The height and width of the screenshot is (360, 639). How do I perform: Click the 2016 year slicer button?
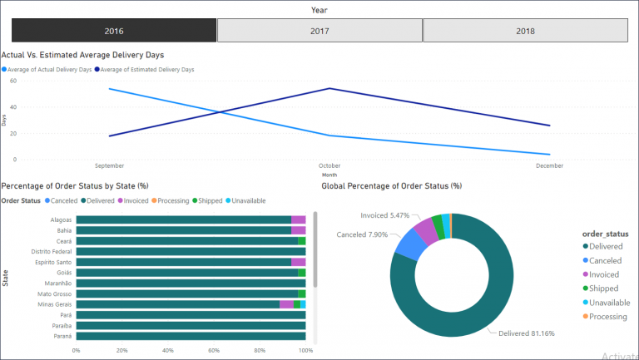(114, 31)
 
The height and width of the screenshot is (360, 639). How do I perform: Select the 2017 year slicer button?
(319, 31)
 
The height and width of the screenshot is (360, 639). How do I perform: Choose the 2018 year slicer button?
(525, 31)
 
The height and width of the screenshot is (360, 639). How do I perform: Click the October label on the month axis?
(330, 165)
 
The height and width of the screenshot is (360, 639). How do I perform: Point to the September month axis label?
(110, 165)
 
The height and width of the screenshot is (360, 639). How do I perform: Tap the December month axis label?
(550, 165)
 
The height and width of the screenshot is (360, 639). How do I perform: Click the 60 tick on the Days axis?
(12, 81)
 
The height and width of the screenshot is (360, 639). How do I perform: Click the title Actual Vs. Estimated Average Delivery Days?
(82, 55)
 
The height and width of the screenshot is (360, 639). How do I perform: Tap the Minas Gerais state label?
(52, 304)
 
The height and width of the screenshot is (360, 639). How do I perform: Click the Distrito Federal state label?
(49, 251)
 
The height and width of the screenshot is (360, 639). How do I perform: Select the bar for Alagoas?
(183, 219)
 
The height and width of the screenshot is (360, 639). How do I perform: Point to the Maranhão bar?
(191, 283)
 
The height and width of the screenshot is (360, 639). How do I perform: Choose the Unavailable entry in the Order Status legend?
(250, 200)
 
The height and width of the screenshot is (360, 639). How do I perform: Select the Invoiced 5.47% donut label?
(385, 215)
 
